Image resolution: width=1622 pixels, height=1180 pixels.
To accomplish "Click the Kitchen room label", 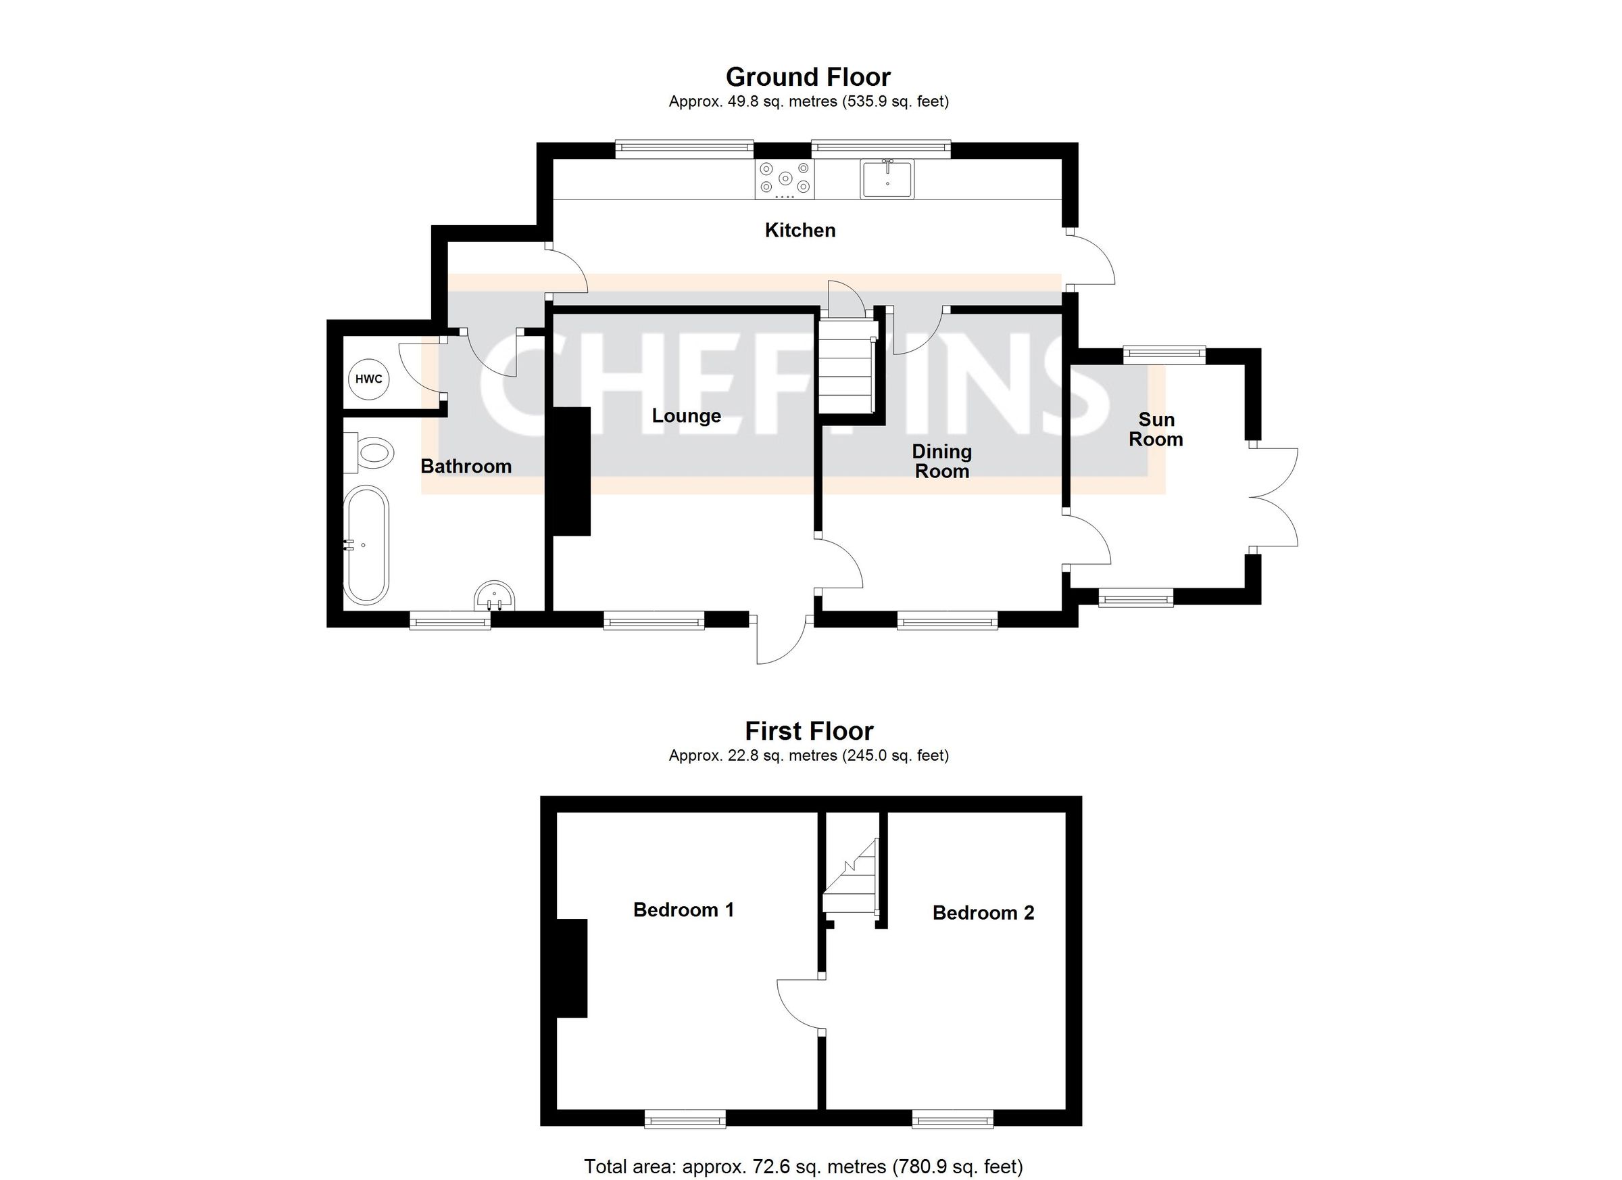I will [800, 231].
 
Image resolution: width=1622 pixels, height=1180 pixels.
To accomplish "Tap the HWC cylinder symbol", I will [368, 379].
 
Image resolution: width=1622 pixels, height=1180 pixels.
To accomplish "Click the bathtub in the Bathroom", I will [366, 545].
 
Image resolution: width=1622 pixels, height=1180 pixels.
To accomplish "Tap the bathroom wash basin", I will [494, 595].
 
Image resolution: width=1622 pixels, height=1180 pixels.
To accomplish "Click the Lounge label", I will [686, 416].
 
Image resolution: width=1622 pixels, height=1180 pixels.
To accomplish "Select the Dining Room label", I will [941, 462].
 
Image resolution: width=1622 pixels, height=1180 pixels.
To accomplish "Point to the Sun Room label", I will [1156, 429].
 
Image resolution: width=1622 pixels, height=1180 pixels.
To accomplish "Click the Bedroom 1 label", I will [683, 910].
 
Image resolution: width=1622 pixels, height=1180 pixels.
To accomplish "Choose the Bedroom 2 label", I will [983, 913].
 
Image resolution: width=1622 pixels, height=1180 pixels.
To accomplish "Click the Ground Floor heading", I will [808, 76].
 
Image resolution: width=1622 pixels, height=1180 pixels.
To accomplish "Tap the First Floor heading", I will [809, 731].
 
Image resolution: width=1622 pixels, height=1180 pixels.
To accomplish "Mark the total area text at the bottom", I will [803, 1167].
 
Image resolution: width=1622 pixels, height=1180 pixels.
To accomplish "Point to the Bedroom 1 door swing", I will [797, 1006].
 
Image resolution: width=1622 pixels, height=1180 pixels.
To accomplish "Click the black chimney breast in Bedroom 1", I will [572, 968].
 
